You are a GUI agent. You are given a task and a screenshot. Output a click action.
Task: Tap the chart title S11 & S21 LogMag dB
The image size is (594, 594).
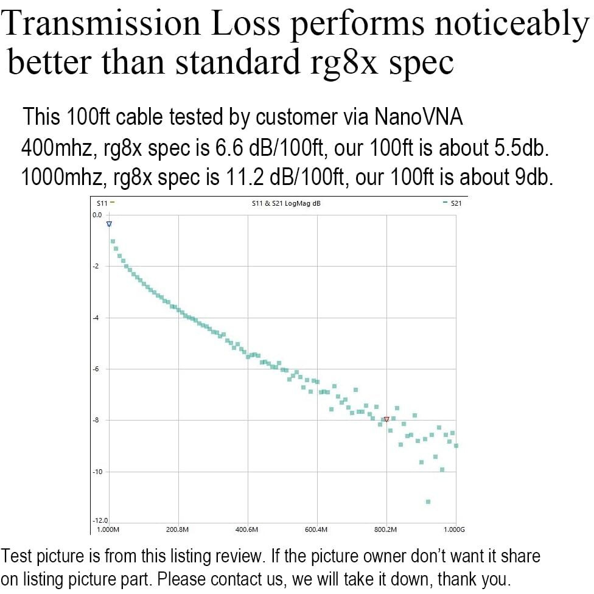coord(285,203)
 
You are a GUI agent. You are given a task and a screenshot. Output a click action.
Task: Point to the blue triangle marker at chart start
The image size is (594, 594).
coord(109,224)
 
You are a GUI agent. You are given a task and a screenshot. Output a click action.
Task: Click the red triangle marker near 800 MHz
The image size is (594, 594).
coord(386,419)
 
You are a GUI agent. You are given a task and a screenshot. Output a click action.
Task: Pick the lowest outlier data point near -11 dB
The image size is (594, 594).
coord(428,501)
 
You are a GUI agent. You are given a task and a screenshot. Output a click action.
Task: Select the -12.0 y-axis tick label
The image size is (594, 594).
coord(99,521)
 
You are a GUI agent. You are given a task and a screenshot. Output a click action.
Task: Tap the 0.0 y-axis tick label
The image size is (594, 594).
coord(97,215)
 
